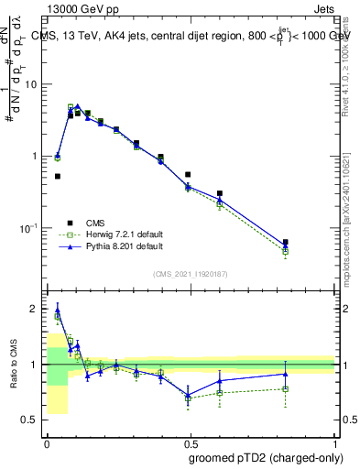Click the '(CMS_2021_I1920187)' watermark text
pyautogui.click(x=191, y=273)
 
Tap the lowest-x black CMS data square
pyautogui.click(x=58, y=176)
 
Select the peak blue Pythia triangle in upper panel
pyautogui.click(x=78, y=107)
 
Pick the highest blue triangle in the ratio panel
pyautogui.click(x=58, y=310)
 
